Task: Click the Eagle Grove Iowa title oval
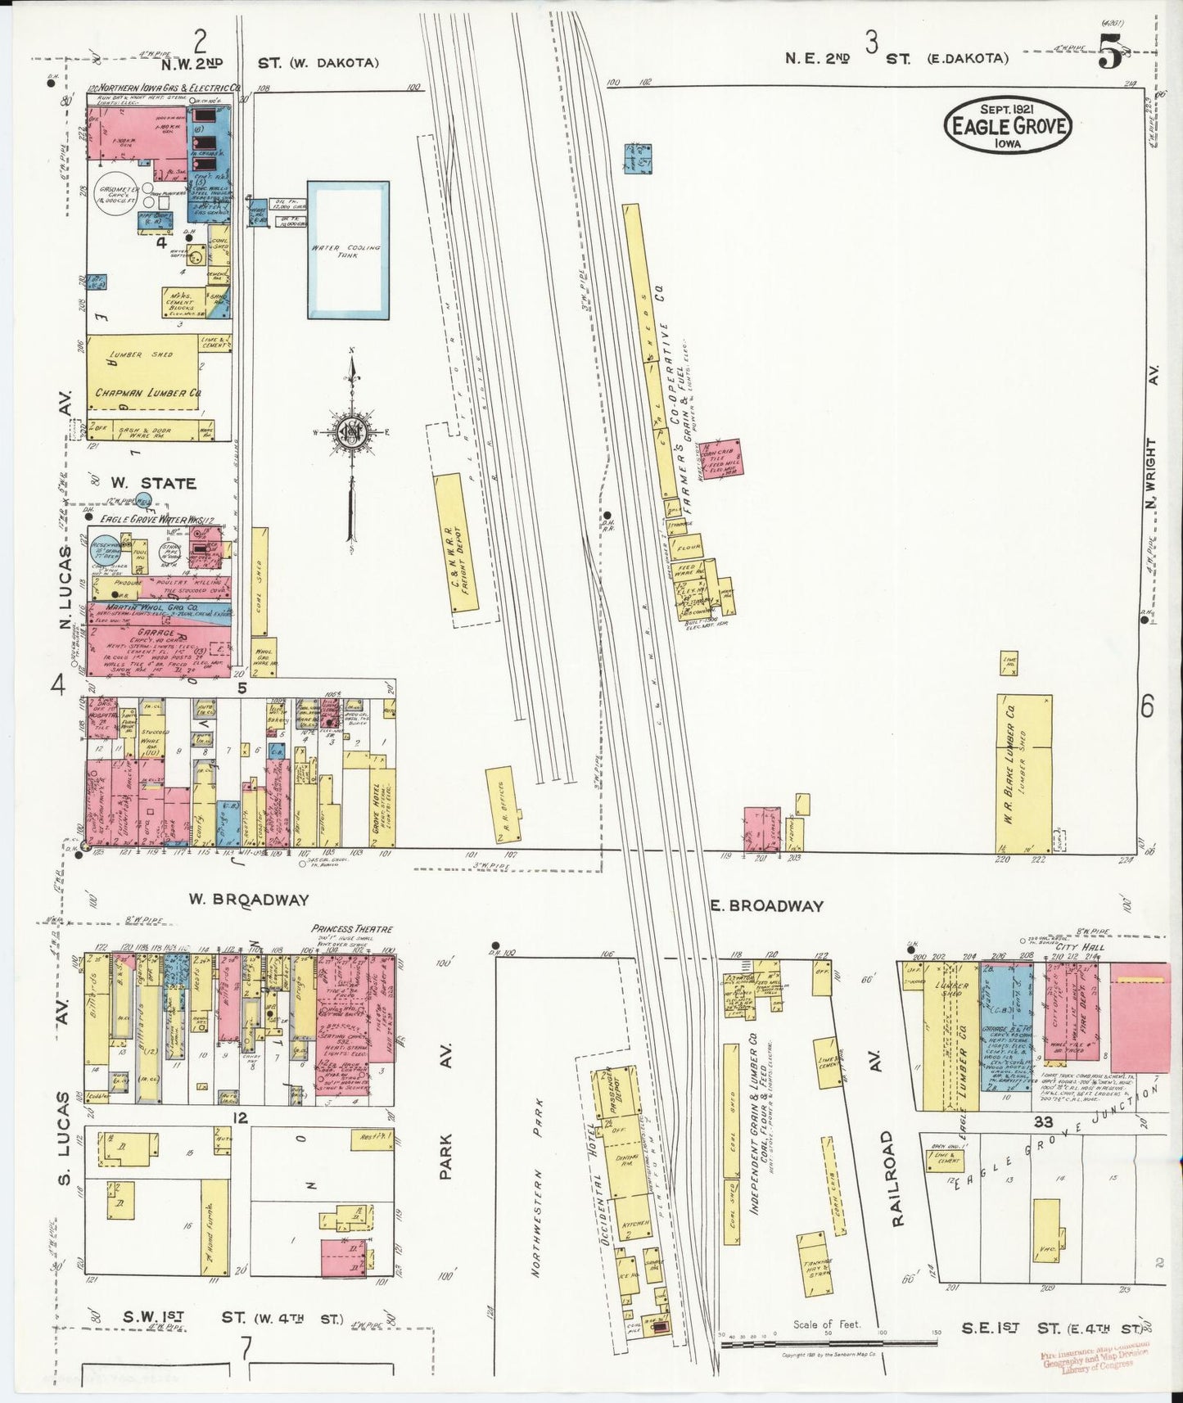pos(1008,124)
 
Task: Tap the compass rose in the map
pos(352,432)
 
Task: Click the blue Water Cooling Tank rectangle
pos(348,249)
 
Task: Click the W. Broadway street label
pos(249,899)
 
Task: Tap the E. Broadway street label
pos(775,905)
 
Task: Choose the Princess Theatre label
pos(352,929)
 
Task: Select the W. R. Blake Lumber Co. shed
pos(1023,774)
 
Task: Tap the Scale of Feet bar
pos(827,1344)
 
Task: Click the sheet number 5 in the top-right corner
pos(1109,57)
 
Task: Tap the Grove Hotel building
pos(382,802)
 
